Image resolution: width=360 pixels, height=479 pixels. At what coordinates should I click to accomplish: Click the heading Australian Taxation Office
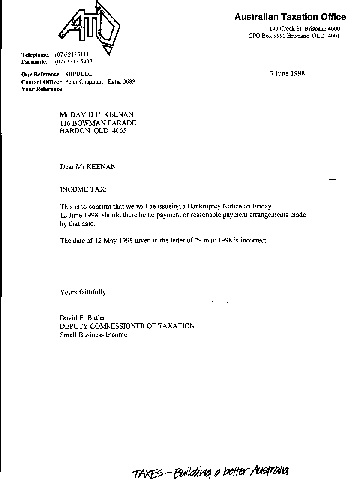pyautogui.click(x=290, y=17)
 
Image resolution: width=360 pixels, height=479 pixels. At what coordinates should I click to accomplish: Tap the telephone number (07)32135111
pyautogui.click(x=72, y=55)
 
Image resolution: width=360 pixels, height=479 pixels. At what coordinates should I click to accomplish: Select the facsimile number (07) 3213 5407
pyautogui.click(x=74, y=62)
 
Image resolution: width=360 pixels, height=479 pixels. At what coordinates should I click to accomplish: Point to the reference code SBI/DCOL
pyautogui.click(x=78, y=74)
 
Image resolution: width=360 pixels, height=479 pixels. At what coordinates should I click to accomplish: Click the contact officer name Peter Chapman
pyautogui.click(x=84, y=81)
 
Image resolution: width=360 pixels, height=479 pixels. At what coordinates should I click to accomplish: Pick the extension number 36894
pyautogui.click(x=130, y=81)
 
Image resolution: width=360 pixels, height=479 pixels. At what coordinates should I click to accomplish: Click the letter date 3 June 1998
pyautogui.click(x=287, y=73)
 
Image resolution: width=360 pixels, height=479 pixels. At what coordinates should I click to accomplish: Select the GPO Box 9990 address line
pyautogui.click(x=294, y=36)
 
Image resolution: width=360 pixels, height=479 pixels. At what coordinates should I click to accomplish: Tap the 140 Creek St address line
pyautogui.click(x=308, y=29)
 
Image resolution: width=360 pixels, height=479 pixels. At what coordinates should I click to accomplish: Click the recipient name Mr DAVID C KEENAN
pyautogui.click(x=96, y=114)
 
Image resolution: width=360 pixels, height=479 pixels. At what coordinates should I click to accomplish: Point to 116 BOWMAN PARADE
pyautogui.click(x=98, y=123)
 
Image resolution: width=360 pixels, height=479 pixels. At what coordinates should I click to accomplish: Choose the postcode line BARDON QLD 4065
pyautogui.click(x=93, y=131)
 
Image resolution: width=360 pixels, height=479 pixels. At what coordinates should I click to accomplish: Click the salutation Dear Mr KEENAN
pyautogui.click(x=88, y=167)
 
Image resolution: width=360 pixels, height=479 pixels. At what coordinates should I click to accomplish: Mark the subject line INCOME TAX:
pyautogui.click(x=83, y=189)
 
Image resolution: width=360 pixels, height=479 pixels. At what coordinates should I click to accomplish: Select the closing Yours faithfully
pyautogui.click(x=83, y=292)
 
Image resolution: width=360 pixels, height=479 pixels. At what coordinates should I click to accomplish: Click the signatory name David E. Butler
pyautogui.click(x=82, y=318)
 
